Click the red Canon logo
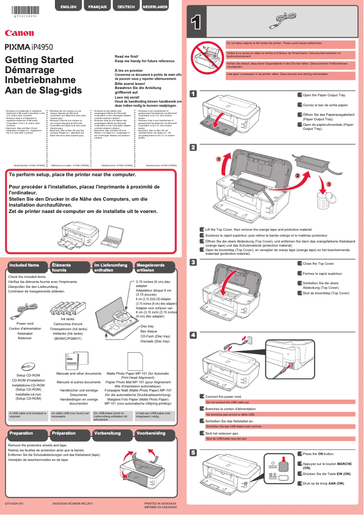click(19, 33)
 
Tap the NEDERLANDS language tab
click(155, 7)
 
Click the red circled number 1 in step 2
click(218, 159)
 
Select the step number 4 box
click(193, 335)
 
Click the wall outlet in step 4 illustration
click(247, 340)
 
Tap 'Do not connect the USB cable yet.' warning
click(227, 402)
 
